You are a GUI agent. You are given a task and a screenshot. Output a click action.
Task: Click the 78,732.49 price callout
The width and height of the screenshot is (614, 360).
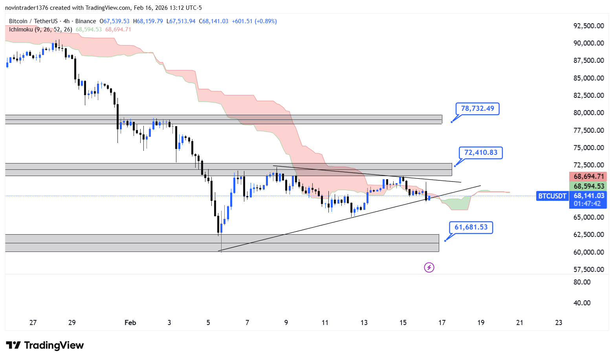pyautogui.click(x=477, y=108)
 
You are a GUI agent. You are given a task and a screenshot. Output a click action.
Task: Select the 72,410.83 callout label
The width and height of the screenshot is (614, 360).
pyautogui.click(x=480, y=152)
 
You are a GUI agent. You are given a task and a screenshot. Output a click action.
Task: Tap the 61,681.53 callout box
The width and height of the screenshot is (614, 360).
pyautogui.click(x=471, y=227)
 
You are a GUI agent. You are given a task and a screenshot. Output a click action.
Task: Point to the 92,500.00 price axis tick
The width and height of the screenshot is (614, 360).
pyautogui.click(x=588, y=26)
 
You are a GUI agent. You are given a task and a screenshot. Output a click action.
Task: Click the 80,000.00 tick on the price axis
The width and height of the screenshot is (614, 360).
pyautogui.click(x=588, y=113)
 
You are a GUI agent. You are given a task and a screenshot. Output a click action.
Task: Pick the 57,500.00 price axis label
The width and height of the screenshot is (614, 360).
pyautogui.click(x=588, y=269)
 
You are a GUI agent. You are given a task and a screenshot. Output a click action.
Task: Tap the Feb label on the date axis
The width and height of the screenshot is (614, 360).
pyautogui.click(x=130, y=323)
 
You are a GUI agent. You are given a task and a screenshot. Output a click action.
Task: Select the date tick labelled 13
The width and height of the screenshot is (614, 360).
pyautogui.click(x=364, y=323)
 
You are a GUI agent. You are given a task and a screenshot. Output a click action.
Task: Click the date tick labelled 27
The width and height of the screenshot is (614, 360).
pyautogui.click(x=33, y=323)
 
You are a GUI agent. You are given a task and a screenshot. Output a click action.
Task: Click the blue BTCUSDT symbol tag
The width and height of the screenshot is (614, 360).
pyautogui.click(x=552, y=196)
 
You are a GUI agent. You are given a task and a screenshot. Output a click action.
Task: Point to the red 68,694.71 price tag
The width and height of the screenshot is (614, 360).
pyautogui.click(x=588, y=176)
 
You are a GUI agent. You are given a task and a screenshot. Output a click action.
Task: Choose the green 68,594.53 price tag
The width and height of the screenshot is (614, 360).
pyautogui.click(x=588, y=186)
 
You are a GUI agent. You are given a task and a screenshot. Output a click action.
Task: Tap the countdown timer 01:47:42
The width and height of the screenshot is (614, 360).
pyautogui.click(x=587, y=204)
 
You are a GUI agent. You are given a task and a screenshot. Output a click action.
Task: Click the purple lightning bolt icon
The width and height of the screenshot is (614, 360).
pyautogui.click(x=429, y=268)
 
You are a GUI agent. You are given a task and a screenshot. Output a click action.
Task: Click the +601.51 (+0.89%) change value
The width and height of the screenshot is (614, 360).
pyautogui.click(x=254, y=21)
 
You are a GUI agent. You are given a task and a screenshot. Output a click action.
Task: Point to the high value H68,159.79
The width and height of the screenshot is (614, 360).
pyautogui.click(x=148, y=21)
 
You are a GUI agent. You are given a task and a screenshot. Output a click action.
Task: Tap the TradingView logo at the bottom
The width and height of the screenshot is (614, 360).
pyautogui.click(x=45, y=345)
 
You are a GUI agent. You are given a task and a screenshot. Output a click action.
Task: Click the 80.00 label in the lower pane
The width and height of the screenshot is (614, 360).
pyautogui.click(x=582, y=282)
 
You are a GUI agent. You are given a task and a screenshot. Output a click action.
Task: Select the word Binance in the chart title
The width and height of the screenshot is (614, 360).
pyautogui.click(x=85, y=21)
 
